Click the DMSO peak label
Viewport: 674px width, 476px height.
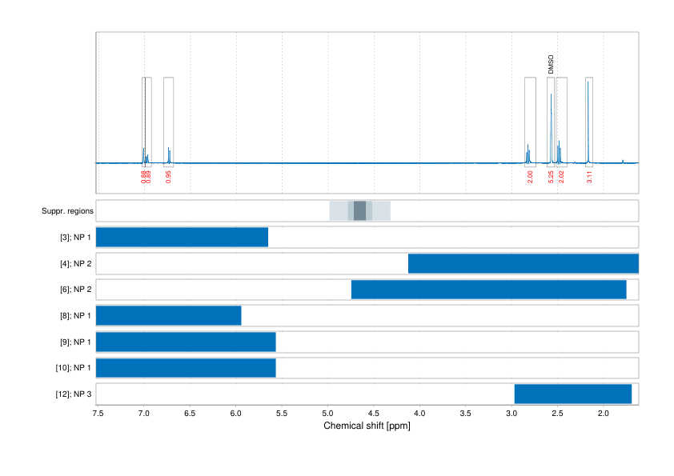[x=551, y=65]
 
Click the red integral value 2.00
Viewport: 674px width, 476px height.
[x=530, y=176]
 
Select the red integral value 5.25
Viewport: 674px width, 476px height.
[x=551, y=176]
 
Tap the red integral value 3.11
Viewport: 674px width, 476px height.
[x=589, y=176]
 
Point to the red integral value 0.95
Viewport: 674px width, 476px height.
[x=168, y=176]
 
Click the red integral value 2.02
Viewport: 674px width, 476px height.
[x=561, y=176]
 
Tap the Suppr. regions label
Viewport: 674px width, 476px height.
[x=68, y=211]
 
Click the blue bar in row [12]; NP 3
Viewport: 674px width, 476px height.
[x=573, y=394]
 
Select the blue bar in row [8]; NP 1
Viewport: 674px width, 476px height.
[x=169, y=316]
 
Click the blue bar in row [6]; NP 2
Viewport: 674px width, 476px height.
[x=488, y=290]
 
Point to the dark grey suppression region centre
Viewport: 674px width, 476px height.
[x=359, y=211]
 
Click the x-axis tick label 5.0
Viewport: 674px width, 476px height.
[x=327, y=414]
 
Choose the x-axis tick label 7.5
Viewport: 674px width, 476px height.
[x=98, y=414]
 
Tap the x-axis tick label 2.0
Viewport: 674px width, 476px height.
[x=603, y=414]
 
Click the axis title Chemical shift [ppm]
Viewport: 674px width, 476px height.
[x=367, y=426]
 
